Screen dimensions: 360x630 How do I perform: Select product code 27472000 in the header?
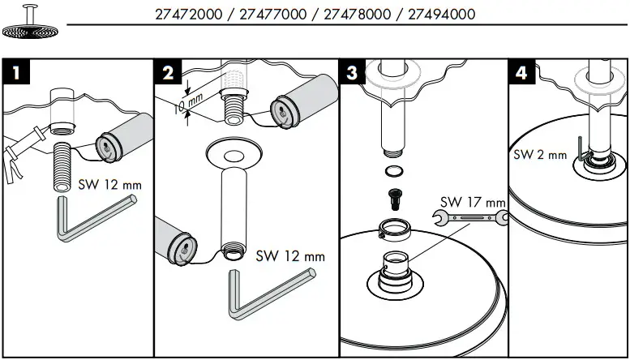pos(186,15)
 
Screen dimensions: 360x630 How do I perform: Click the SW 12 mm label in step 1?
pos(109,185)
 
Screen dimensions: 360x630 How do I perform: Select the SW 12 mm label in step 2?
pos(289,255)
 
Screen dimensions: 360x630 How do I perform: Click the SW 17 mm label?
pos(473,200)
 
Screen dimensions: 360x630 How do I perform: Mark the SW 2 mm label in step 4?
pos(540,154)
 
